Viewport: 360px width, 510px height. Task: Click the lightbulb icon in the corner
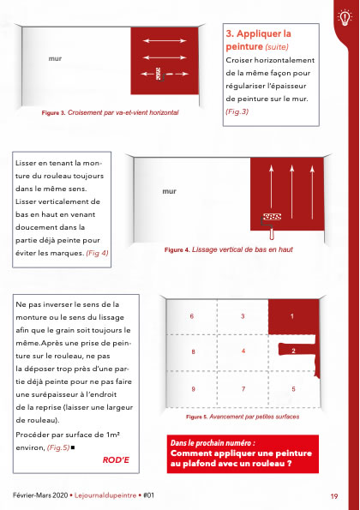[345, 17]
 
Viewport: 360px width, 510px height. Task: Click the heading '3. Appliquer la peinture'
[258, 39]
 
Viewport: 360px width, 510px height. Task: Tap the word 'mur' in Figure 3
[55, 58]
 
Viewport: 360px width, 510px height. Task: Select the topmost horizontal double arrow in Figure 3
[165, 40]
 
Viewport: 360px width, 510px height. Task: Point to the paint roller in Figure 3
[159, 75]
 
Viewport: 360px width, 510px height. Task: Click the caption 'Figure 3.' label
[54, 113]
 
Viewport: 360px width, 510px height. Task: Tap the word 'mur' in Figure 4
[169, 191]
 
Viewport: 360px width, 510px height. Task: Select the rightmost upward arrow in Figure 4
[312, 192]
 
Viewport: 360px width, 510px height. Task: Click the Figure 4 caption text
[229, 249]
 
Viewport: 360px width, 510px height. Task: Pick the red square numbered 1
[294, 317]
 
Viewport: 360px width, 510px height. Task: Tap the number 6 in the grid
[192, 316]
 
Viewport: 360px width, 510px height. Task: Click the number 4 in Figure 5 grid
[243, 351]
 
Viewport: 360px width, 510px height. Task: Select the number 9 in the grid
[193, 389]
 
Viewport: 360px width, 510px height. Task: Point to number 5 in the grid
[293, 389]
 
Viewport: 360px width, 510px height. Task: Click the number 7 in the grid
[243, 389]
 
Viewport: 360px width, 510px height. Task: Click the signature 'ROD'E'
[116, 460]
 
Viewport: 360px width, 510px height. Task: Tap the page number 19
[334, 496]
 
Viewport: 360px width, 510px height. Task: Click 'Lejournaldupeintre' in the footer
[105, 495]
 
